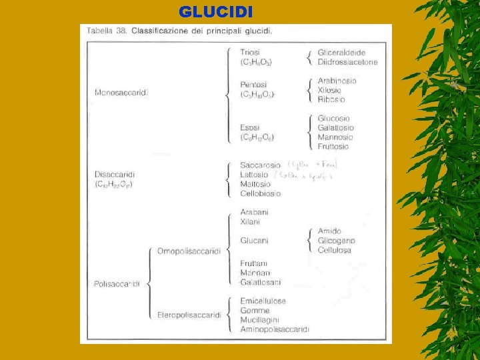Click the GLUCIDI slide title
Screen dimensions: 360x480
click(216, 12)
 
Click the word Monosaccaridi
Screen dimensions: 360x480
click(121, 92)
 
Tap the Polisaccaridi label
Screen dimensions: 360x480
click(117, 283)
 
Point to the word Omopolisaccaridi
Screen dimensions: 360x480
click(189, 251)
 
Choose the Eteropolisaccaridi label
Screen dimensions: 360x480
click(189, 315)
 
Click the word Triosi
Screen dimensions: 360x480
click(251, 52)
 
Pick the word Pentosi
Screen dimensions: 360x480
click(253, 85)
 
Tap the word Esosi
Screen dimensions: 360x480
click(251, 127)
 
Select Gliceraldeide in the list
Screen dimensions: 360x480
click(341, 52)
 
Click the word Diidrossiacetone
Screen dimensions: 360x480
click(347, 62)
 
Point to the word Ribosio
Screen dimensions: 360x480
click(331, 99)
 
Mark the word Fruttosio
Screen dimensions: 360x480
click(333, 147)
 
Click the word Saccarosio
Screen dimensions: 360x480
click(261, 165)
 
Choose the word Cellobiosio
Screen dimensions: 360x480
click(261, 193)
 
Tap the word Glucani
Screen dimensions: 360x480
click(254, 241)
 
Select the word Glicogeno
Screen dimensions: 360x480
click(337, 241)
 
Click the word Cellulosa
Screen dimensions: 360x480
click(335, 250)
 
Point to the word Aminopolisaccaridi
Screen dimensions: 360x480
click(275, 329)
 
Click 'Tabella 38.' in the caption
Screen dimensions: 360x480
click(106, 31)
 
